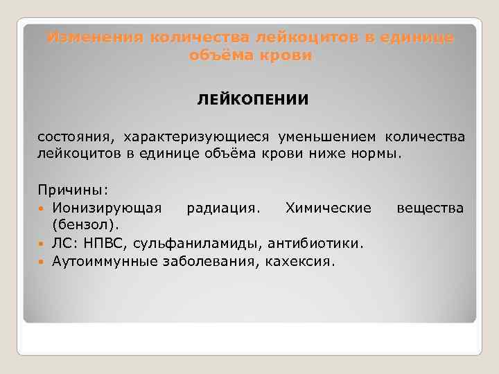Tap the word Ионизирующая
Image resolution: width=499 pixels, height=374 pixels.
(x=107, y=207)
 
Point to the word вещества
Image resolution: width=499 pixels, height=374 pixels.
(x=430, y=207)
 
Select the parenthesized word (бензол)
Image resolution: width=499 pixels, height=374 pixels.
(x=85, y=225)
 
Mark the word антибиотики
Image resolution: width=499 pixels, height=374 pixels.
(x=321, y=243)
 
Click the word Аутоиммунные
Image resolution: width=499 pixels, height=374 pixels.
(x=103, y=261)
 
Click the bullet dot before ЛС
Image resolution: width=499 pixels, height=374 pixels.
(x=43, y=244)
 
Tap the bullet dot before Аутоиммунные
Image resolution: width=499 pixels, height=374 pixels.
(x=43, y=262)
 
